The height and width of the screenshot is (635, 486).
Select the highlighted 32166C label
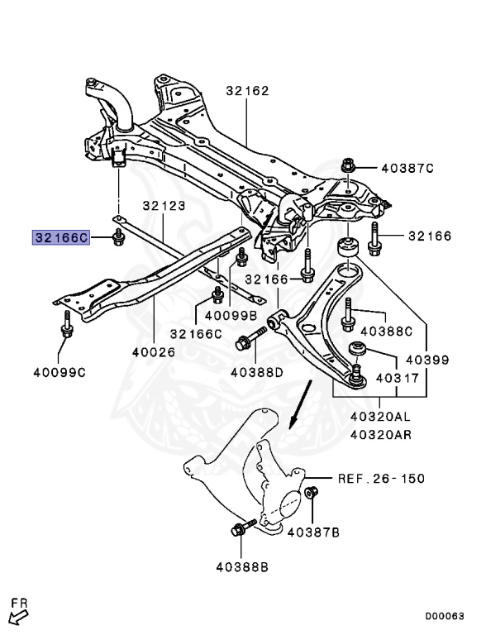(x=60, y=237)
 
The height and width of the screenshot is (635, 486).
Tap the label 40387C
(x=407, y=169)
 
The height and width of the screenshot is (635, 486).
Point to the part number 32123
(x=164, y=206)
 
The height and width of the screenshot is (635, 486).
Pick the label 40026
(x=154, y=351)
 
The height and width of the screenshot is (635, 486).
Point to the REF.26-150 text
(x=380, y=479)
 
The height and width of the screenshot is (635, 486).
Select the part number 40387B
(x=313, y=532)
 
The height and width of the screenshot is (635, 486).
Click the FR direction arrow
(x=18, y=614)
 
